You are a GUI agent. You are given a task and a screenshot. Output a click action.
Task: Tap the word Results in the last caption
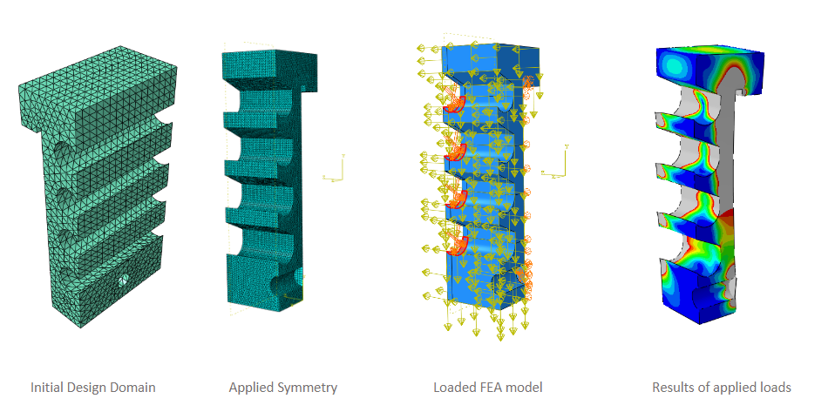click(674, 387)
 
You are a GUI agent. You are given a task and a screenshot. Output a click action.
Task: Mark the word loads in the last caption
click(775, 387)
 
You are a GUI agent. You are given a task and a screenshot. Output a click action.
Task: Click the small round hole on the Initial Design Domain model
click(123, 280)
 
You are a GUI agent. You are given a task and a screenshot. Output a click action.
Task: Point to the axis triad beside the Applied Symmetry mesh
click(335, 171)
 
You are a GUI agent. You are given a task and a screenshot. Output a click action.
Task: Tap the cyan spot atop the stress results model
click(673, 65)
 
